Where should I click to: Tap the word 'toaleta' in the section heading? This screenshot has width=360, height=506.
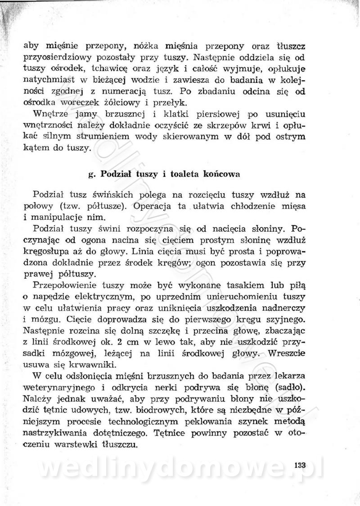[176, 173]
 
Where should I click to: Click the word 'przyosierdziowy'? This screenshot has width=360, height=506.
[54, 58]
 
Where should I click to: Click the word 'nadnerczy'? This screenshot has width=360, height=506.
[284, 308]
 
